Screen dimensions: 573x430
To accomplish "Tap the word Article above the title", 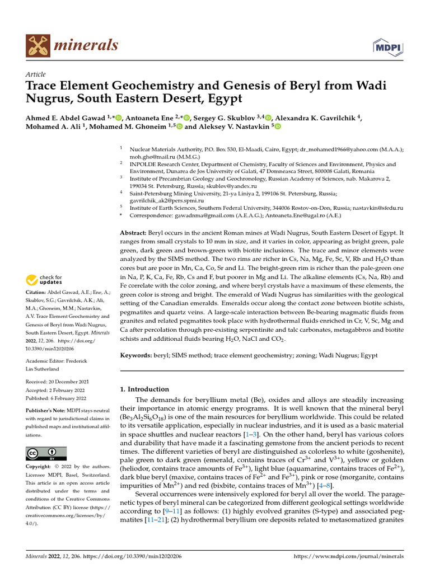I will (36, 74).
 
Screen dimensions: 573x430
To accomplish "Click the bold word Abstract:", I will (133, 232).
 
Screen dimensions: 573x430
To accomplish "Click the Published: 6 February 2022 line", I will (56, 398).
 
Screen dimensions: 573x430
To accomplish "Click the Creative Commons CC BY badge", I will (46, 453).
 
